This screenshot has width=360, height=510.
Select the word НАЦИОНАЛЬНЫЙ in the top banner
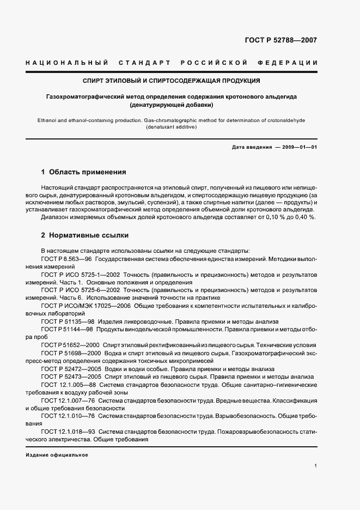(67, 64)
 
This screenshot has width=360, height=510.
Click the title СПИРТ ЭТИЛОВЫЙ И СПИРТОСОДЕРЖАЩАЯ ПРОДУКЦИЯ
(171, 81)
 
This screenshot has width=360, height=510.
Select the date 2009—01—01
(297, 147)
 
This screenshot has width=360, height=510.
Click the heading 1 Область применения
(84, 172)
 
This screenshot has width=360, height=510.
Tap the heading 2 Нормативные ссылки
(85, 235)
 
